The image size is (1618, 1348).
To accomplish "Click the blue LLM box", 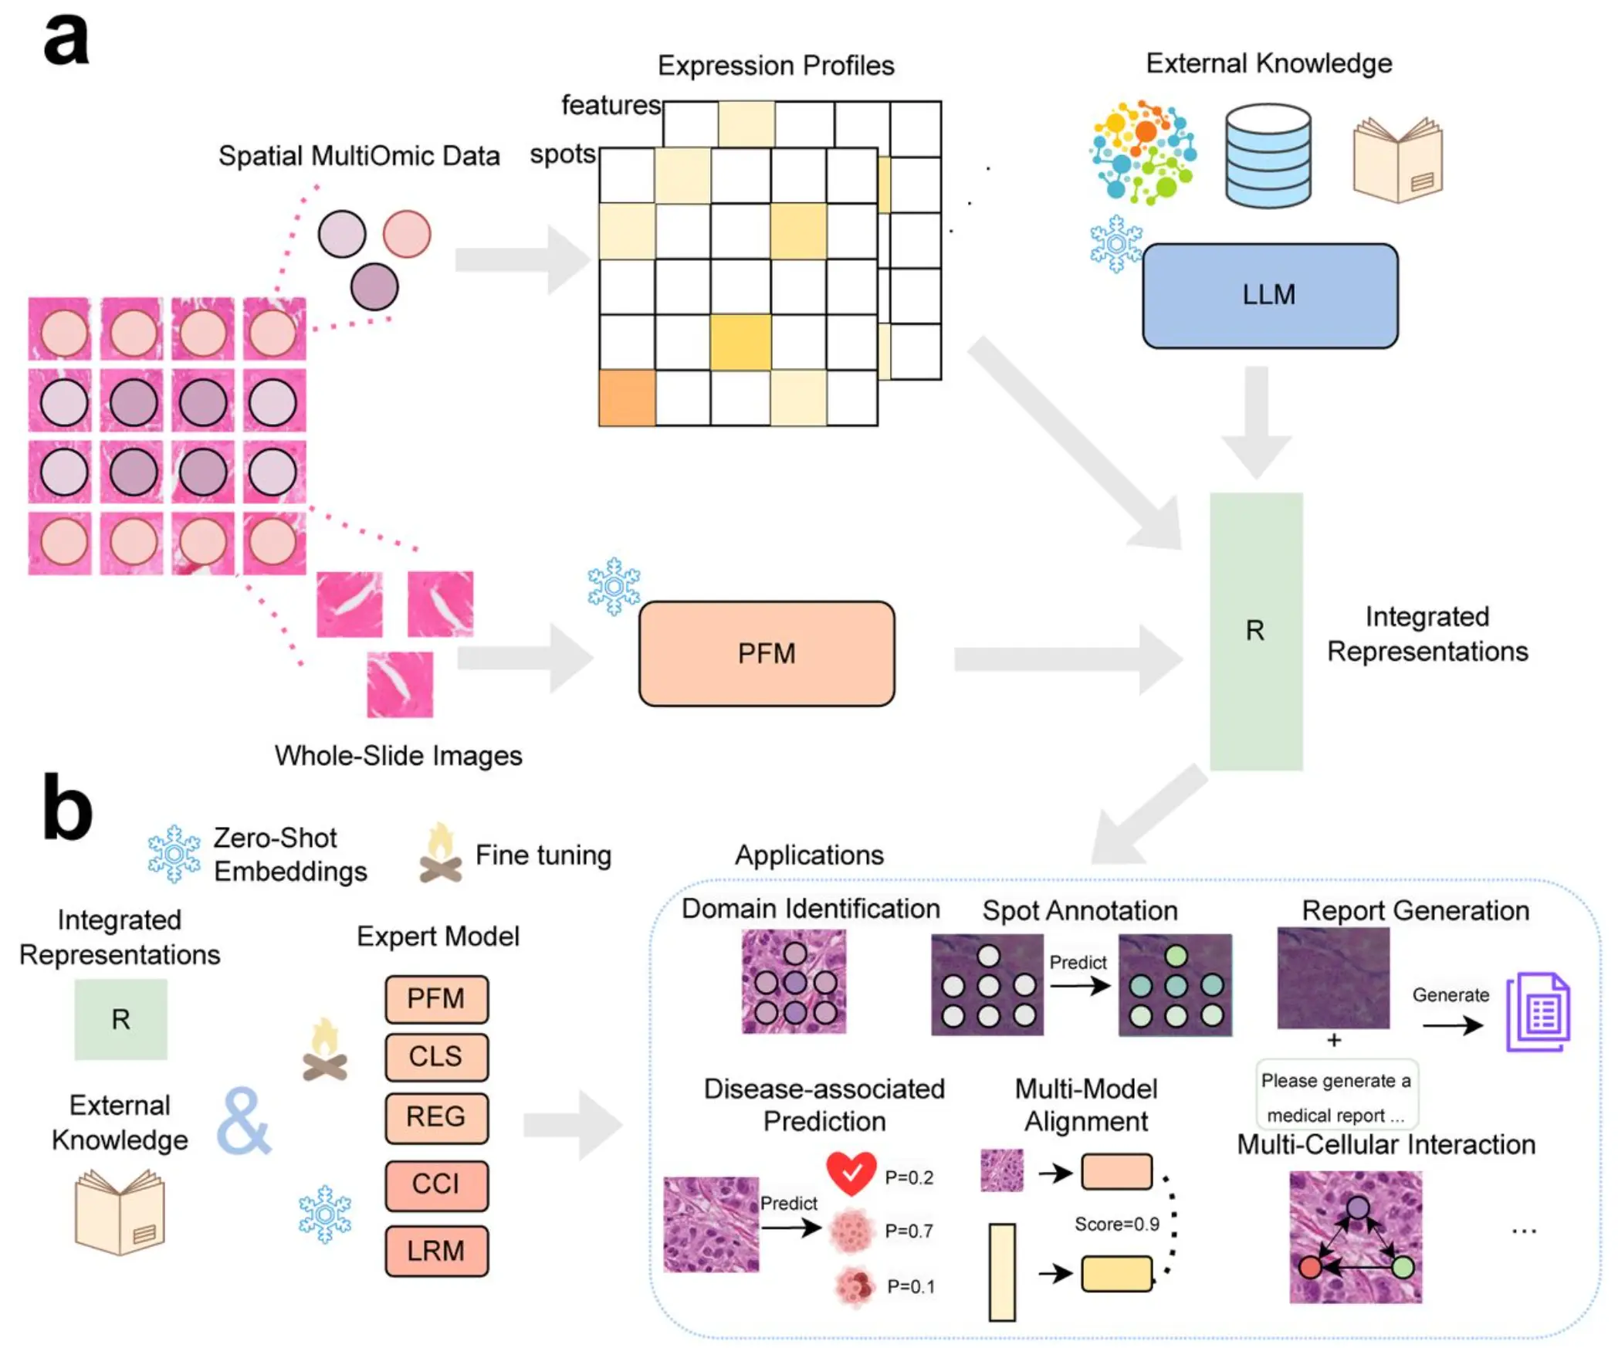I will [1269, 296].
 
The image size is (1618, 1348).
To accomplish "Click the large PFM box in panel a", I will [766, 653].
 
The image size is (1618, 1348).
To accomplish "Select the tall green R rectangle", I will [1255, 631].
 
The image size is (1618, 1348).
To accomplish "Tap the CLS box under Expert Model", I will [436, 1056].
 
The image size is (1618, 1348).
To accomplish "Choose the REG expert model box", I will [436, 1116].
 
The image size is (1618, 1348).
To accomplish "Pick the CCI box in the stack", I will [436, 1184].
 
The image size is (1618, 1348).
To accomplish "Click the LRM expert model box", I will [436, 1250].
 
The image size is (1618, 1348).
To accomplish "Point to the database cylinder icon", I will [1268, 156].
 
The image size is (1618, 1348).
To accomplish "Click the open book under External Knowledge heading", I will [1397, 160].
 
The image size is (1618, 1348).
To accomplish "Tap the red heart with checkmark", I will [851, 1172].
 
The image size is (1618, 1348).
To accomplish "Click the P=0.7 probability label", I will [909, 1231].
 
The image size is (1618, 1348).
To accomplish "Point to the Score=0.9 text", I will [1116, 1224].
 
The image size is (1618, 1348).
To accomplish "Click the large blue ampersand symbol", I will [243, 1121].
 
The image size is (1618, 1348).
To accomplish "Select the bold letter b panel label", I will [67, 808].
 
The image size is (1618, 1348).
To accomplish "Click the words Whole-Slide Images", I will [398, 755].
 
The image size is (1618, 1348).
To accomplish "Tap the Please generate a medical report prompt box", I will [1335, 1096].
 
